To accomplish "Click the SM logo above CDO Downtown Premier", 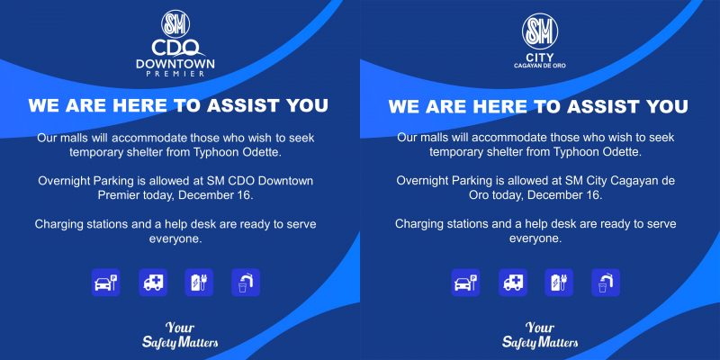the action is (175, 24).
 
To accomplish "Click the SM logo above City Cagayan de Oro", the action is (539, 31).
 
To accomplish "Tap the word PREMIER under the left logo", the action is (175, 74).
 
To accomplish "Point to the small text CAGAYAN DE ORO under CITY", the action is (539, 66).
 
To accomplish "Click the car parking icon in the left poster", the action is (105, 283).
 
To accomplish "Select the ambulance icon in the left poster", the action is (153, 283).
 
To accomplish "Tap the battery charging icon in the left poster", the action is (199, 283).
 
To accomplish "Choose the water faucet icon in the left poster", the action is (246, 283).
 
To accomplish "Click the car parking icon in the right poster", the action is (465, 283).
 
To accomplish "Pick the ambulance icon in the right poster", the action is (513, 283).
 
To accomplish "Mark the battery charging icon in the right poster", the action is (559, 283).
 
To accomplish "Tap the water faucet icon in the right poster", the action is (606, 283).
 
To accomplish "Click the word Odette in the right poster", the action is (622, 152).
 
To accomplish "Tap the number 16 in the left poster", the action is (246, 194).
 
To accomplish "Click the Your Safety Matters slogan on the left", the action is (180, 335).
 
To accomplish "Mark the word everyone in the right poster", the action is (535, 238).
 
